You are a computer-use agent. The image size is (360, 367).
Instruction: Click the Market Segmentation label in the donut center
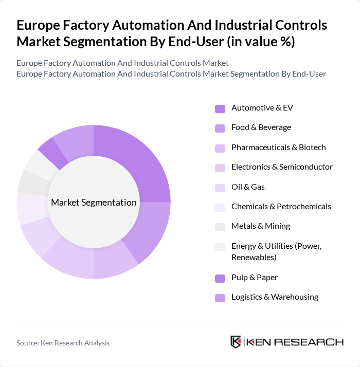94,203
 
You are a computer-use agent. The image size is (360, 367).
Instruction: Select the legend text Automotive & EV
262,108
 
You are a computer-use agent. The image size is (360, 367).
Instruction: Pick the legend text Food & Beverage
261,127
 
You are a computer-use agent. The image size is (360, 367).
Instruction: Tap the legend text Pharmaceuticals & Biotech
278,147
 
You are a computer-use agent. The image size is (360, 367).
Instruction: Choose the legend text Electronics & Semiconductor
282,167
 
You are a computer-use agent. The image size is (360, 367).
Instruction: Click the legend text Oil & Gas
248,187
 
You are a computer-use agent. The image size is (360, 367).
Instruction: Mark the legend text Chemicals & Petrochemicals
281,207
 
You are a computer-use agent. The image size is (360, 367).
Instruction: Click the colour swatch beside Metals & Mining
220,227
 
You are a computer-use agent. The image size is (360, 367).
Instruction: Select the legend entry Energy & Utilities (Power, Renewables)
276,251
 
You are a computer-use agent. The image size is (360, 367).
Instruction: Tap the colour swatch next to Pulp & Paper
220,278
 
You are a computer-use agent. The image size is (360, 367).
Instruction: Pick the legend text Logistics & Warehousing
275,297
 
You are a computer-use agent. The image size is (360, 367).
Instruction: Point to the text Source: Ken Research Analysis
63,343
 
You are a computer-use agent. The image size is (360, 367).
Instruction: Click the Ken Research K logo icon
236,342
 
